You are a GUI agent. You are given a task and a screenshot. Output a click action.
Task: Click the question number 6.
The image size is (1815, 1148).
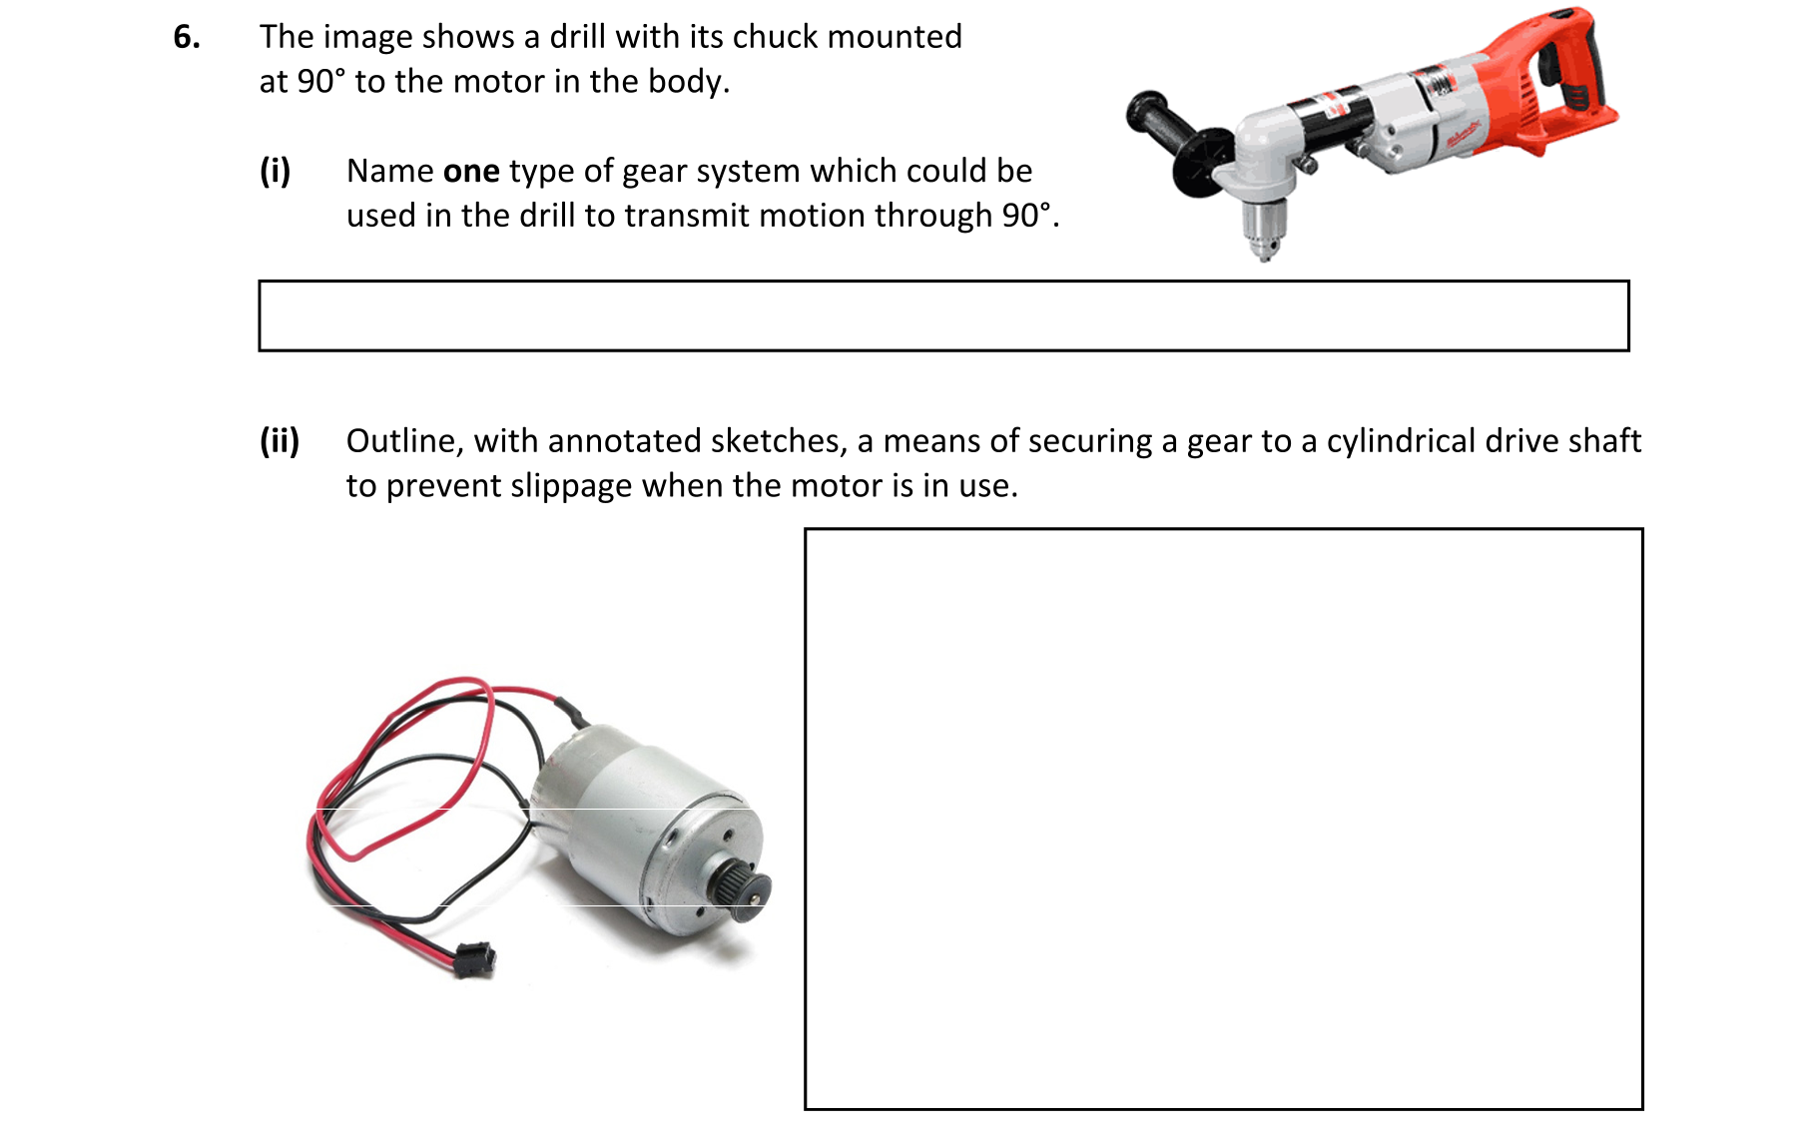187,37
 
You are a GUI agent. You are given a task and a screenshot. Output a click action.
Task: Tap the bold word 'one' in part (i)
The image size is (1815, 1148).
471,172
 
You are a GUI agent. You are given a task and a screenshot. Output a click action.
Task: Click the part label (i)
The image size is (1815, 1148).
276,172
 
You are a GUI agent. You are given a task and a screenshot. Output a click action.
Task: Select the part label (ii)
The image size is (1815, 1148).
280,441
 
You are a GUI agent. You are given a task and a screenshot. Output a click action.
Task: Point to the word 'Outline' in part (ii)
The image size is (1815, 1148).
404,441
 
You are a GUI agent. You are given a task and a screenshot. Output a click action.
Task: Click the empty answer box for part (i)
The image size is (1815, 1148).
943,315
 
